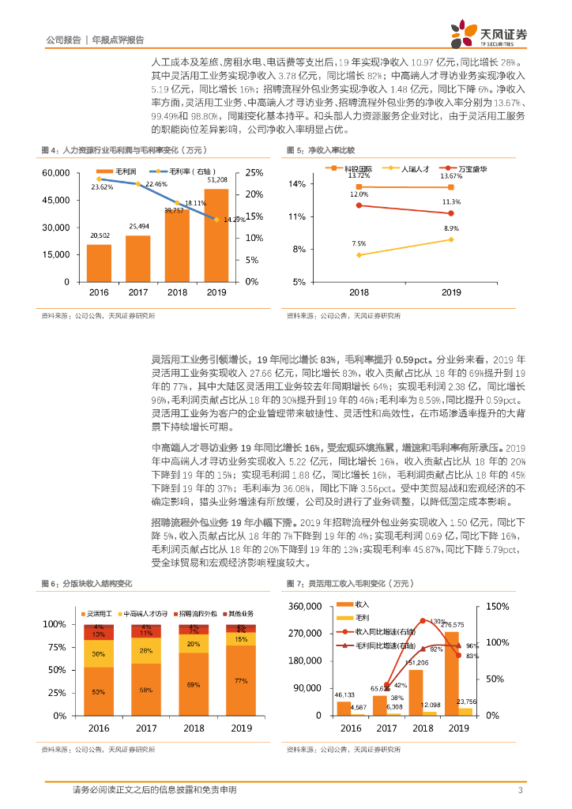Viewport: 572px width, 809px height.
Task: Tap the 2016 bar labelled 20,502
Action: [100, 263]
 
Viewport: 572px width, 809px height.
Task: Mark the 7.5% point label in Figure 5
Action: [358, 243]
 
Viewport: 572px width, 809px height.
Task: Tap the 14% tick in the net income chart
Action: [296, 184]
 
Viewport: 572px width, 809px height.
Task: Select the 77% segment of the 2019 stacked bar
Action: [241, 680]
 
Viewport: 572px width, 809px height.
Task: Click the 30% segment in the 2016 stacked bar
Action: [99, 654]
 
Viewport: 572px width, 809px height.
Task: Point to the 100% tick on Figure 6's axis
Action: [55, 624]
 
